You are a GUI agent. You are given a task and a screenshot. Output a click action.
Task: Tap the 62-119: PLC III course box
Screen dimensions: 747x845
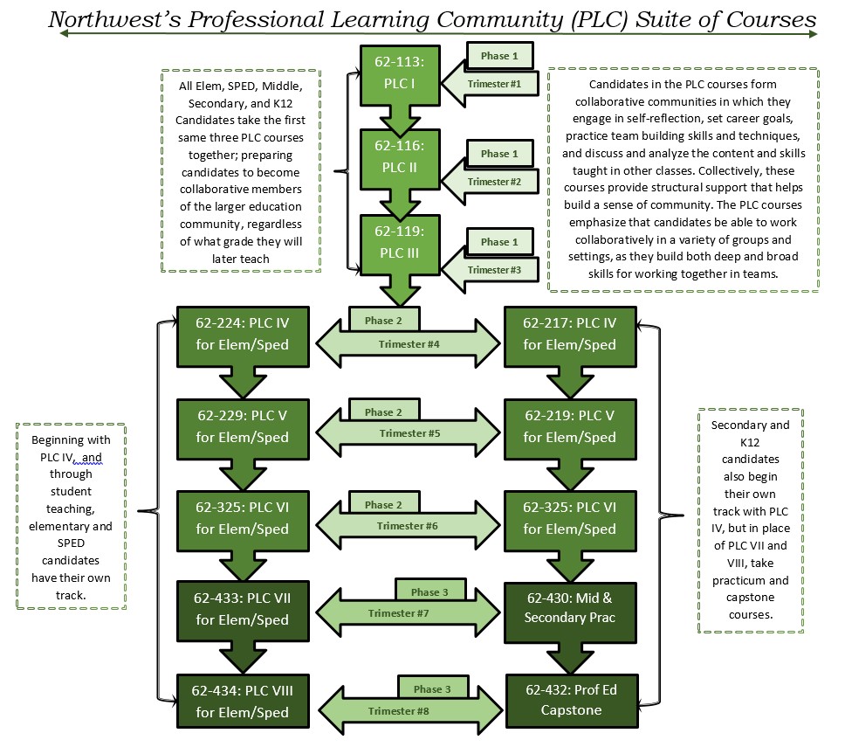pos(399,243)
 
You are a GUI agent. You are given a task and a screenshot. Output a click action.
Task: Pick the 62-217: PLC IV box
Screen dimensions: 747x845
pos(570,334)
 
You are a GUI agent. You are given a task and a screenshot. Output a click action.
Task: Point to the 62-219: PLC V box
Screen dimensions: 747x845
pos(570,425)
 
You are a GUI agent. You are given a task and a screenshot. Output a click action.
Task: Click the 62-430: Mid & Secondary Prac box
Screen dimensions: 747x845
pos(570,609)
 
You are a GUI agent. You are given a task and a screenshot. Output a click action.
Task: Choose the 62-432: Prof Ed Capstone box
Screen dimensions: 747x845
pos(570,699)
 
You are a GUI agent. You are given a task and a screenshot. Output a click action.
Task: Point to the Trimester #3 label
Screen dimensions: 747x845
pos(493,270)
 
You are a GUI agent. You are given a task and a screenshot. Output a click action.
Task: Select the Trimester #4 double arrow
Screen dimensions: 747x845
pos(409,344)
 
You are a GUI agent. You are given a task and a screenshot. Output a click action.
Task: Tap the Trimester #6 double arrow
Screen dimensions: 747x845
pos(409,526)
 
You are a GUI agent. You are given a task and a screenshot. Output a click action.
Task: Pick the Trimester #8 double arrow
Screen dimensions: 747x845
pos(409,710)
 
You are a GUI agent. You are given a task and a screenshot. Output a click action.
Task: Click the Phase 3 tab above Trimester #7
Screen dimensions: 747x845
pos(429,592)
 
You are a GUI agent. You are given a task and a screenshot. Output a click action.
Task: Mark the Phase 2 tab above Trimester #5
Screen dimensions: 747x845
pos(383,412)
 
